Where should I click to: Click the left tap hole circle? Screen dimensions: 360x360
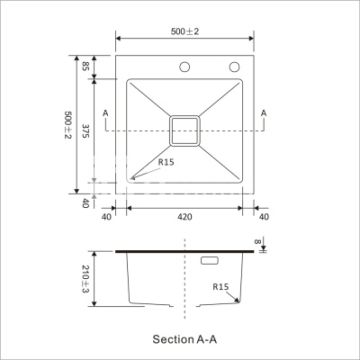[x=184, y=67]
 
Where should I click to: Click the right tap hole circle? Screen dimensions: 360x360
[x=234, y=67]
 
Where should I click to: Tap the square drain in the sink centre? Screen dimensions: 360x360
[x=184, y=131]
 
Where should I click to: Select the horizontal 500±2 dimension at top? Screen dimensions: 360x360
[x=184, y=31]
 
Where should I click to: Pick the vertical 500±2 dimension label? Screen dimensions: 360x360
[x=68, y=125]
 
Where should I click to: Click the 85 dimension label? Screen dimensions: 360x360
[x=85, y=66]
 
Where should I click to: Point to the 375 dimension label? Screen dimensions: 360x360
[x=85, y=130]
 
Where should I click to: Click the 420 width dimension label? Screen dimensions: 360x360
[x=184, y=217]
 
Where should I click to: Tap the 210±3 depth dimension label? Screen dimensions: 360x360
[x=85, y=279]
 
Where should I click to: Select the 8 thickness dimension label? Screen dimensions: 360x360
[x=257, y=241]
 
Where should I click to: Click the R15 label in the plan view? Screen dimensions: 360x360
[x=166, y=162]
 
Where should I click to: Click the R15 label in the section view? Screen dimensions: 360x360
[x=220, y=287]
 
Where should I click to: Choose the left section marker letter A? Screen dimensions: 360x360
[x=105, y=113]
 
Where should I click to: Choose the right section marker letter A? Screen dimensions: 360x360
[x=264, y=113]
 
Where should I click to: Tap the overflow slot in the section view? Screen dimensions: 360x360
[x=210, y=261]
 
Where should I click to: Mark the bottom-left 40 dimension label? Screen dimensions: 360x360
[x=106, y=217]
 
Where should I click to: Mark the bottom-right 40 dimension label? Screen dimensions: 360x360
[x=264, y=217]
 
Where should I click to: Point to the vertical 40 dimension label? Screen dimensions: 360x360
[x=85, y=203]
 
